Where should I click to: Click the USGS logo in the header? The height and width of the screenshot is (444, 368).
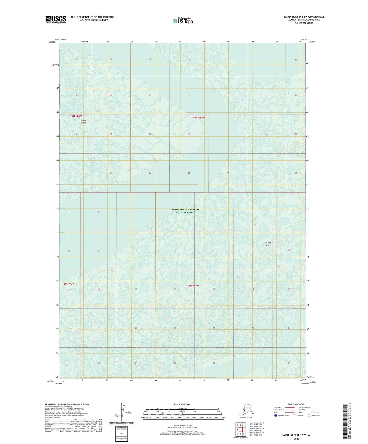56,20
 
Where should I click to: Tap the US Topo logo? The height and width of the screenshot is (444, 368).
183,21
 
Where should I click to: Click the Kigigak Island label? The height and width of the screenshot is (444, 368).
84,121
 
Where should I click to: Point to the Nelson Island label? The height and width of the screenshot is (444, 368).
268,244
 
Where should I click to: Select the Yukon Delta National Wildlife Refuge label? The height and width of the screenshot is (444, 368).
185,211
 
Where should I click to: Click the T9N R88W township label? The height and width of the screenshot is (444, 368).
199,117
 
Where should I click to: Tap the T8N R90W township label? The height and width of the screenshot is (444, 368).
68,284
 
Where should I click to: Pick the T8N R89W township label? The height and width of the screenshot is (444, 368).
193,286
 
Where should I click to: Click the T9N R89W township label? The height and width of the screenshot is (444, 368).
76,116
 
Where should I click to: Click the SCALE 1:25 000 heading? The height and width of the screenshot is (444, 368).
182,405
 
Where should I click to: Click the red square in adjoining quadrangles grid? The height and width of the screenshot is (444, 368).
241,430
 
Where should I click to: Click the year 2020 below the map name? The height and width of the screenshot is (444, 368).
296,439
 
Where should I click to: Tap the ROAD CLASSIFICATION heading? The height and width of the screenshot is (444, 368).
296,404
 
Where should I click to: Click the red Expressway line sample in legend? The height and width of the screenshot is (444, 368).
290,407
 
